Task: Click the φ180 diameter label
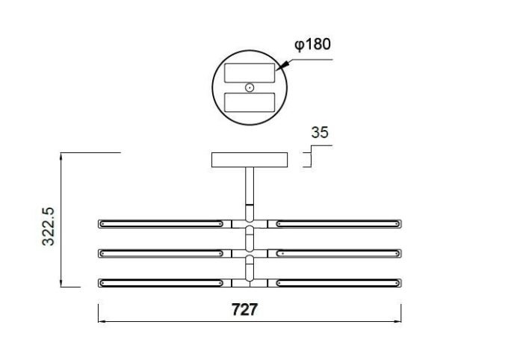click(312, 44)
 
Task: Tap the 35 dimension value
click(320, 133)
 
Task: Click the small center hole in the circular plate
click(250, 87)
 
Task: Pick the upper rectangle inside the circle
click(250, 73)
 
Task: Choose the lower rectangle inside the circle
click(250, 102)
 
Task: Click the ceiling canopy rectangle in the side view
click(250, 161)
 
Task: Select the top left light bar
click(161, 223)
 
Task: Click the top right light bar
click(339, 223)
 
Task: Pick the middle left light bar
click(161, 254)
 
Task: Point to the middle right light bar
click(339, 254)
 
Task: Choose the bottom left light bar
click(161, 284)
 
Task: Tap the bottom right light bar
click(339, 284)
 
